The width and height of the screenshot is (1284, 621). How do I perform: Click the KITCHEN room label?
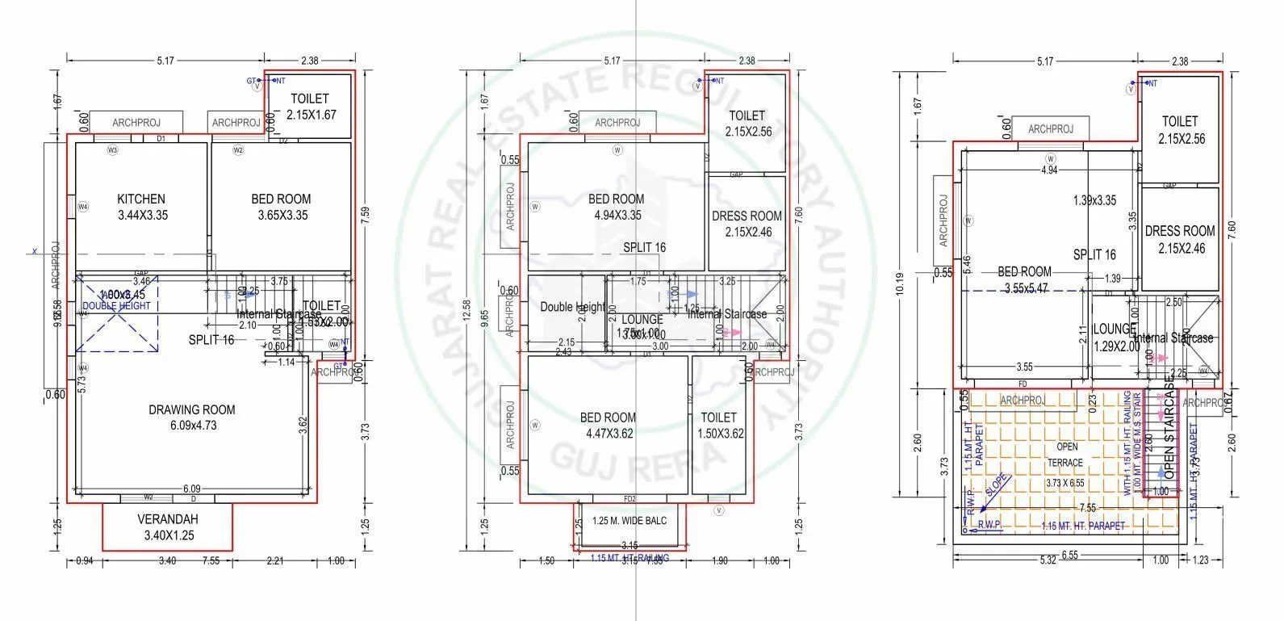[x=141, y=199]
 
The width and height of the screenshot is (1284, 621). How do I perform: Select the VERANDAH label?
[x=168, y=519]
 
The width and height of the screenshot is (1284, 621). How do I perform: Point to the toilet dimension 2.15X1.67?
[x=309, y=115]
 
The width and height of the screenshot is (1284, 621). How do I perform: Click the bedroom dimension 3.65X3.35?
[x=282, y=216]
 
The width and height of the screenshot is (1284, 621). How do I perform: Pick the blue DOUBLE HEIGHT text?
[x=116, y=306]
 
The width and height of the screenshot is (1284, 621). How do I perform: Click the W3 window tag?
[x=113, y=150]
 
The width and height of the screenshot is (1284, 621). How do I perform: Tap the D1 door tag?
[x=161, y=139]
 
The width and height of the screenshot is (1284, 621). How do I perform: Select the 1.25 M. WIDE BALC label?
[x=629, y=521]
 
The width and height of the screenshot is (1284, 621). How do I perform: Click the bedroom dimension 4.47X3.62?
[x=608, y=434]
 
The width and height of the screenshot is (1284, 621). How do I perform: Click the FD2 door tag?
[x=630, y=498]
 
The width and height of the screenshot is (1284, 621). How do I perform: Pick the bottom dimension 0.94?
[x=83, y=560]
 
